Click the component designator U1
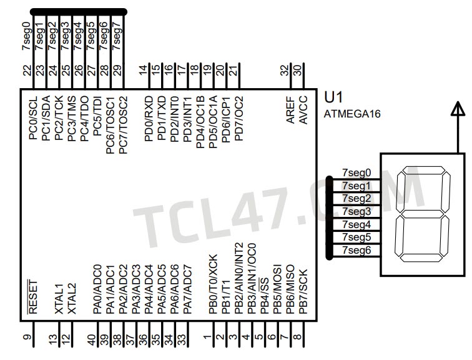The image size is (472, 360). point(334,98)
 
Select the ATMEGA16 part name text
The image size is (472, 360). point(352,114)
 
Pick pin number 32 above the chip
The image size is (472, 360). point(285,70)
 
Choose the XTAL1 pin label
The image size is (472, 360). point(59,297)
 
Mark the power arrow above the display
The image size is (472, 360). point(458,111)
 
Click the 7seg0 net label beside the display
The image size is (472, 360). point(356,172)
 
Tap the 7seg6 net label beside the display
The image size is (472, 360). point(356,251)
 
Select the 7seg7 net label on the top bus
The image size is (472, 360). point(117,36)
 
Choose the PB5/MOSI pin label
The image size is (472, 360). point(278,288)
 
